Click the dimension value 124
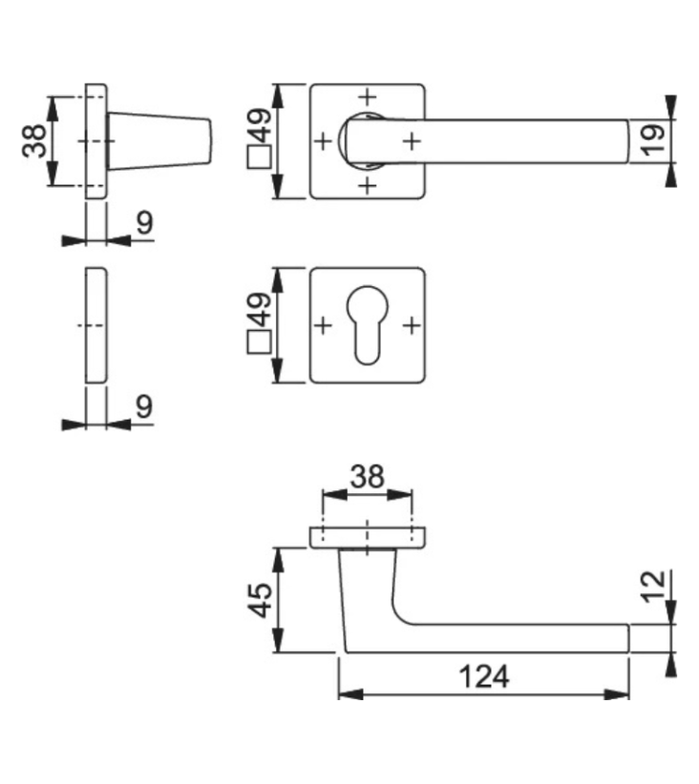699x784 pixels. coord(484,676)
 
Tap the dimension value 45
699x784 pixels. coord(261,600)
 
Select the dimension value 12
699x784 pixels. coord(654,586)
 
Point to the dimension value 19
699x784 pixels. coord(653,140)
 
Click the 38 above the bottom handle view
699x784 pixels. coord(367,477)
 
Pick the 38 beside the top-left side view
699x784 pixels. coord(34,141)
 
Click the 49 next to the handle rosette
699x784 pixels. coord(260,125)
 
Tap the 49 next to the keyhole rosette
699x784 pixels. coord(260,310)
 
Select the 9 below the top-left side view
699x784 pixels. coord(145,222)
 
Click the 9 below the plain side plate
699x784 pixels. coord(144,406)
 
